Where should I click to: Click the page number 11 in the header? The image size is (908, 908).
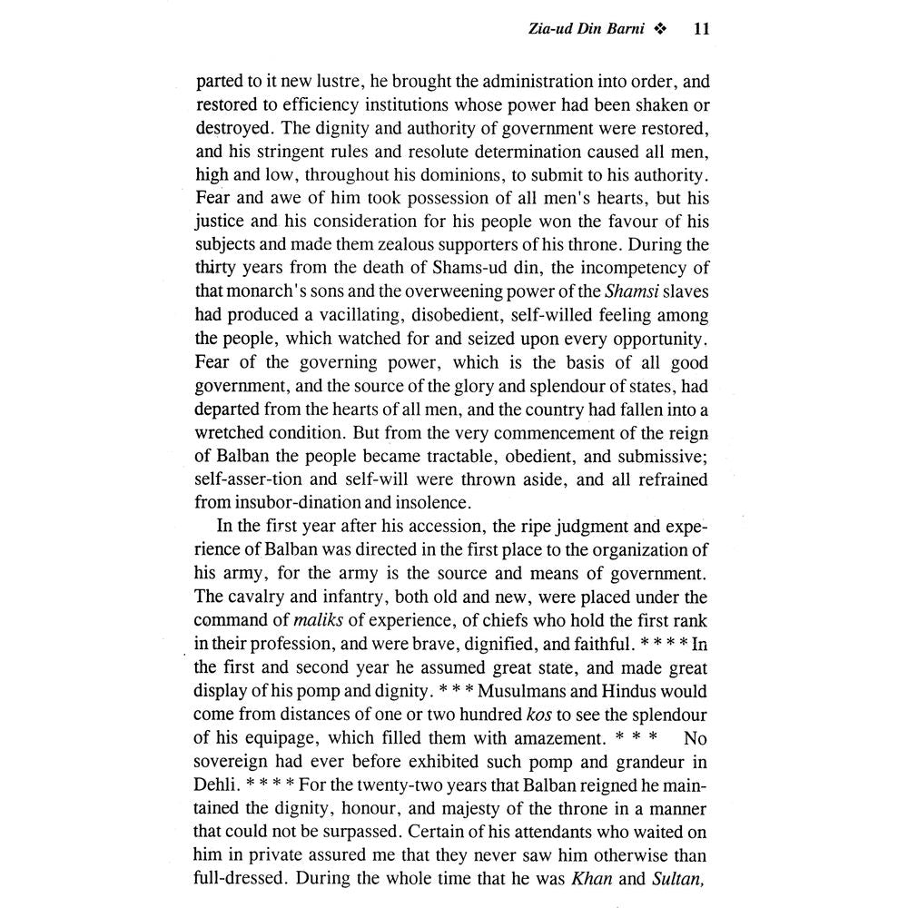tap(700, 30)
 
